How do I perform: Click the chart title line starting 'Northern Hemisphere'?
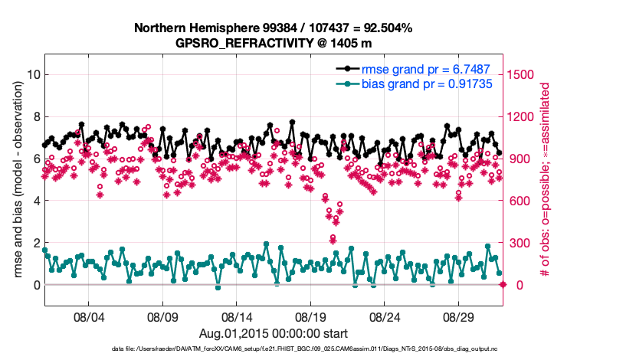(x=274, y=28)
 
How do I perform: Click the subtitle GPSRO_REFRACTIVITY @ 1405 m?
(x=274, y=42)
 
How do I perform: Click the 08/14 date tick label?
(x=237, y=316)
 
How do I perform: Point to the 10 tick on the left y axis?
(x=32, y=74)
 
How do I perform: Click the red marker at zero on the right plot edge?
(x=503, y=285)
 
